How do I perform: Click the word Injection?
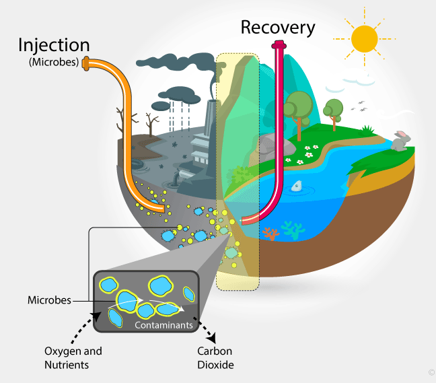54,46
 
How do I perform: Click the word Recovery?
277,28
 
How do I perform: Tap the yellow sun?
365,39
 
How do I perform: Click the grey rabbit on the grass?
400,141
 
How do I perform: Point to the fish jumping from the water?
297,186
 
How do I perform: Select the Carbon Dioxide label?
215,357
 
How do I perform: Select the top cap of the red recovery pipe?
277,46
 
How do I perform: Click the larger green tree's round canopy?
298,104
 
